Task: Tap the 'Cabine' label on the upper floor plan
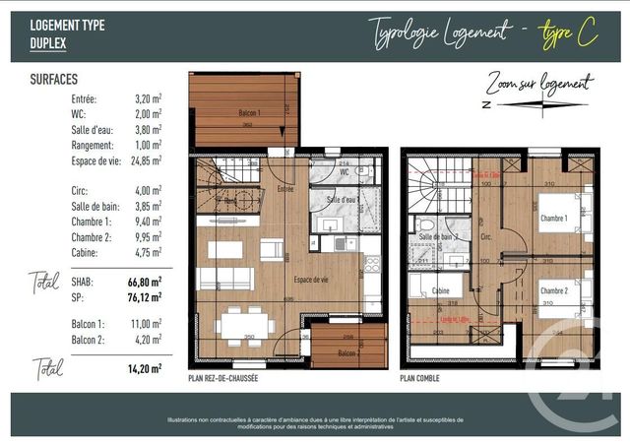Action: [441, 291]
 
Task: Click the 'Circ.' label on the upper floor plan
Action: [485, 237]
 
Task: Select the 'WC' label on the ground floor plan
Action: [345, 172]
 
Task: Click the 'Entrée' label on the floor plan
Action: [286, 188]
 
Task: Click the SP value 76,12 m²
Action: [145, 293]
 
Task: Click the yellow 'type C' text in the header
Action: [569, 33]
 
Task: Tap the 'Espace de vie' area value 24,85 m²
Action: [145, 159]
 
